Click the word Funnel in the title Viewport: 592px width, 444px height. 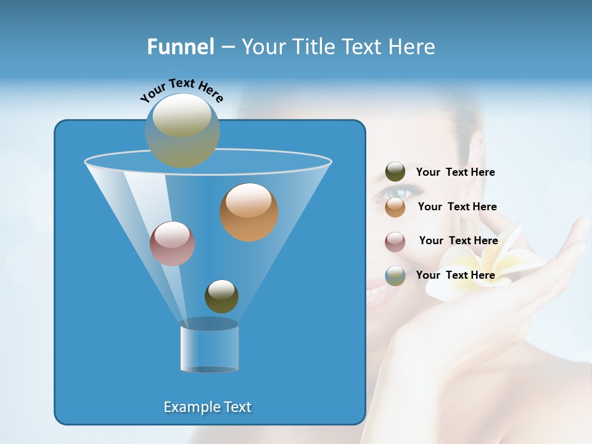tap(180, 47)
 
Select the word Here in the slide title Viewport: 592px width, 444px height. tap(412, 47)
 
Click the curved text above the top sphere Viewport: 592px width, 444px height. tap(181, 89)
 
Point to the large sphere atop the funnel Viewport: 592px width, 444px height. tap(183, 130)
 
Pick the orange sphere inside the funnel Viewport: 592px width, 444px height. tap(249, 212)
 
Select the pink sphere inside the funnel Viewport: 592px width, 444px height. tap(172, 244)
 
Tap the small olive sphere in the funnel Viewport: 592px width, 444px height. tap(221, 296)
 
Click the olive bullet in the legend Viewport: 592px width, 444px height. tap(395, 172)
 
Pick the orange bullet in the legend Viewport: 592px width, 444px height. tap(395, 207)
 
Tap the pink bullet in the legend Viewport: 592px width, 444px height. tap(395, 241)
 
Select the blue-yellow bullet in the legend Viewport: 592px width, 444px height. tap(395, 275)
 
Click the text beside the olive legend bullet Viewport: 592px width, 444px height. tap(455, 172)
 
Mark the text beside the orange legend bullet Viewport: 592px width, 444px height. tap(457, 207)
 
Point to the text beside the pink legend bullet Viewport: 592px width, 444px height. tap(458, 240)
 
